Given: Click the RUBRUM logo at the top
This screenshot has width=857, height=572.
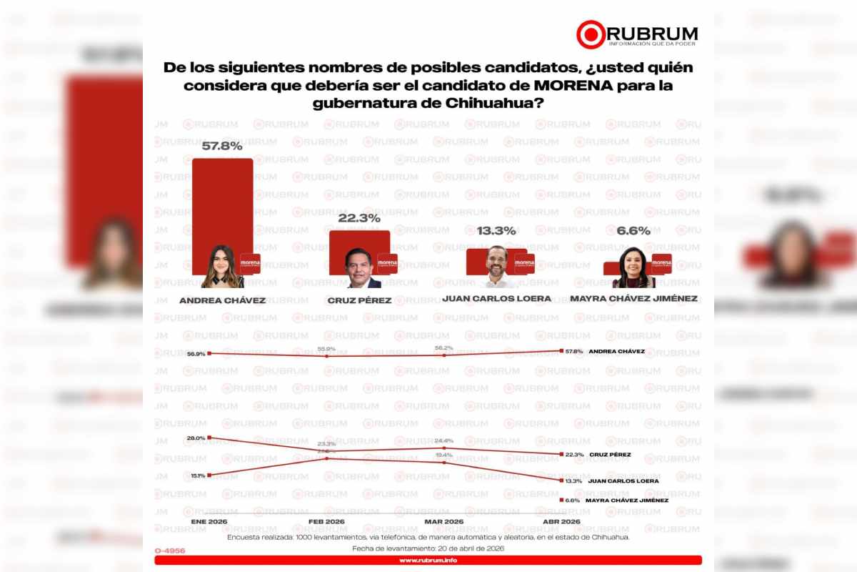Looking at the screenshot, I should (x=637, y=34).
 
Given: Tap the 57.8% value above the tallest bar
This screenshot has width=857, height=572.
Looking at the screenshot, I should (x=221, y=146).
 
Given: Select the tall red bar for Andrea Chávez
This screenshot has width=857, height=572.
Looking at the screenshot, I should (x=222, y=207).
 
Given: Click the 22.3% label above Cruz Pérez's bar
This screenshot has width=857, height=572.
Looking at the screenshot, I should (x=359, y=218).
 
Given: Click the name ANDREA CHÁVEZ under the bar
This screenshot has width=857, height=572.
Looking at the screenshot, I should (x=222, y=300).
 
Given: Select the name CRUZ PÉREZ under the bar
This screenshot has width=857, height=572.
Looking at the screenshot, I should (x=359, y=300).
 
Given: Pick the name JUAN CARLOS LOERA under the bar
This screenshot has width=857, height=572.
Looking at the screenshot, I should (x=496, y=298).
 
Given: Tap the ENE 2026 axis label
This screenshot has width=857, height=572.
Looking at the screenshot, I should (x=209, y=523).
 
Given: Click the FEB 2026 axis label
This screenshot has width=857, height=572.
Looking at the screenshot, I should (x=326, y=523).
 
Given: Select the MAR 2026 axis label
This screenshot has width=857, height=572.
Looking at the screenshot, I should (x=444, y=523).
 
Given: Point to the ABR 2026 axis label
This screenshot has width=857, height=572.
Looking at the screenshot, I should (x=562, y=523).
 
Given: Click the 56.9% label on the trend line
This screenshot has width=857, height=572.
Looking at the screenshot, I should (x=196, y=354).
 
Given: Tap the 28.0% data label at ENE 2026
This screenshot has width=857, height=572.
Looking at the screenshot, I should (x=196, y=438).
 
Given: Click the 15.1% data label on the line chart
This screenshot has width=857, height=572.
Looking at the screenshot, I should (x=197, y=475).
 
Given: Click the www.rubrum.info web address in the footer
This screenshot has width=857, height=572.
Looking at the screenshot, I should (x=428, y=561).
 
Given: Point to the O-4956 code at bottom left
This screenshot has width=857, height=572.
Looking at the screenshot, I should (x=169, y=550).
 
